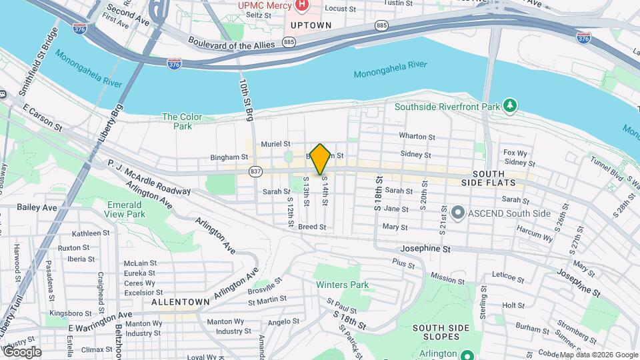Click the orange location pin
321,159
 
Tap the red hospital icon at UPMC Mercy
301,5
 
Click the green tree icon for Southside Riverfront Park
510,105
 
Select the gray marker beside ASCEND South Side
457,213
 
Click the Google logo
21,352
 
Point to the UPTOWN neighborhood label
311,25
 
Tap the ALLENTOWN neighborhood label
181,301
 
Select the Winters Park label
342,285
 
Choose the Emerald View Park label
125,209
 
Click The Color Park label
177,121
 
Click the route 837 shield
255,173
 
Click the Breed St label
312,227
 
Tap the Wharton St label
417,136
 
